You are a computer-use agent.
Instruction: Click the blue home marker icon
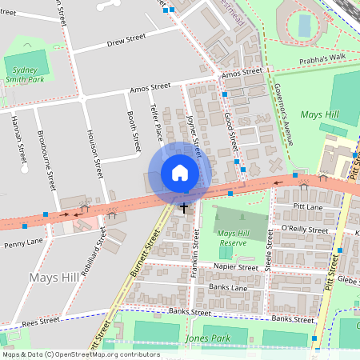pyautogui.click(x=180, y=173)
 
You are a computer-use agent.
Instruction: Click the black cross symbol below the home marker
pyautogui.click(x=183, y=208)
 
